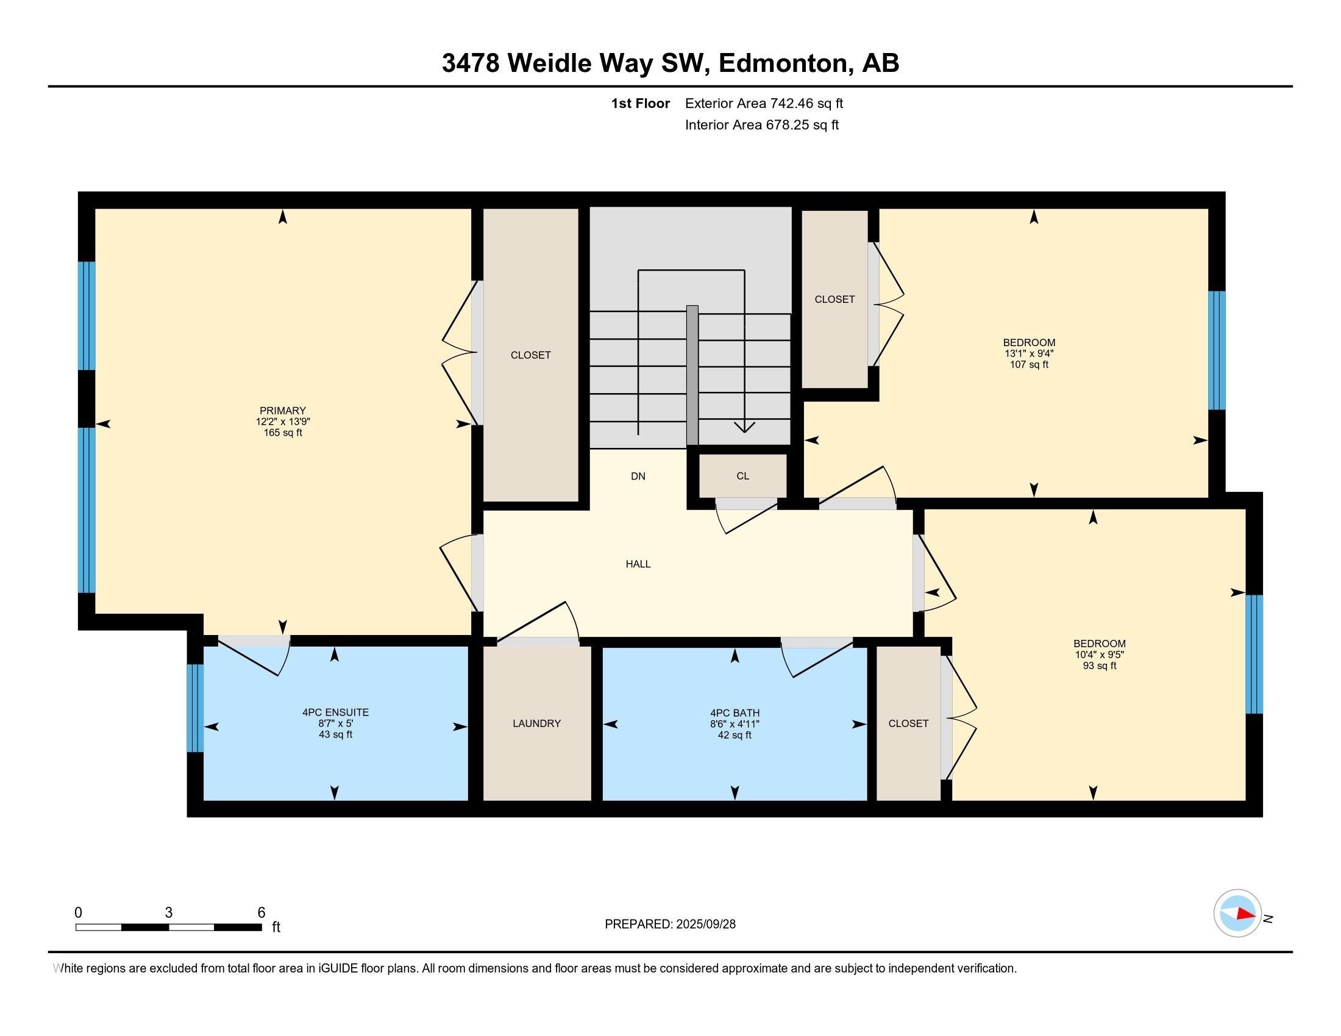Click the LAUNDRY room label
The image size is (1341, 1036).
[x=536, y=723]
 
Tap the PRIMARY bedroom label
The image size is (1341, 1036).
[x=282, y=411]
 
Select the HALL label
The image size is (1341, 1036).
[x=638, y=564]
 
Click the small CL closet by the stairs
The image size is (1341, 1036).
[x=742, y=476]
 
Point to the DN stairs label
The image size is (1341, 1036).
[x=638, y=476]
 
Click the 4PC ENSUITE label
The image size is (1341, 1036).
[x=335, y=712]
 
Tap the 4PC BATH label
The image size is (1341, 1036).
[x=735, y=712]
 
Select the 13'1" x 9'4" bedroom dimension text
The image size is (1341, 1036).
[x=1028, y=353]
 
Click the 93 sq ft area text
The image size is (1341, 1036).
[x=1099, y=665]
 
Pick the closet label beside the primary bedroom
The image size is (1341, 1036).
[x=530, y=355]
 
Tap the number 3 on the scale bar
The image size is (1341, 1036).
[x=168, y=913]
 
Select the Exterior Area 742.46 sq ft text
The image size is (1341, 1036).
[x=764, y=103]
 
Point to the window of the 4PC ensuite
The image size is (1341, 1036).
[x=194, y=708]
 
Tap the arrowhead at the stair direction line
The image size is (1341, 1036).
[x=744, y=427]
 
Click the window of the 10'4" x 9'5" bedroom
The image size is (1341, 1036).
[x=1254, y=654]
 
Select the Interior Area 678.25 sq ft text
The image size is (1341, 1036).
[x=761, y=124]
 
